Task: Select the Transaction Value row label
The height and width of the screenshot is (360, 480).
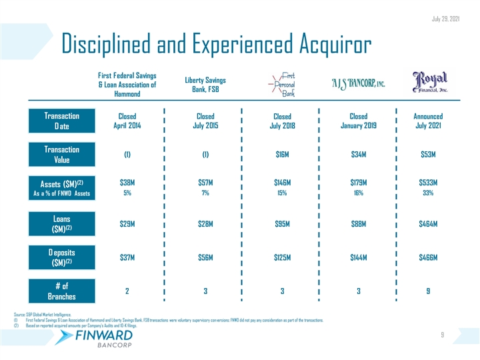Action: (61, 155)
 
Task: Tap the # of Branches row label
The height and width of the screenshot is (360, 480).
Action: (61, 291)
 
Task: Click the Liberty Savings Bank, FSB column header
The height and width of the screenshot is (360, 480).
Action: (205, 83)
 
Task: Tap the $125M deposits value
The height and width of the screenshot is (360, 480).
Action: (283, 257)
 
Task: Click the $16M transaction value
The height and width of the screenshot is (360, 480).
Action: (283, 155)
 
